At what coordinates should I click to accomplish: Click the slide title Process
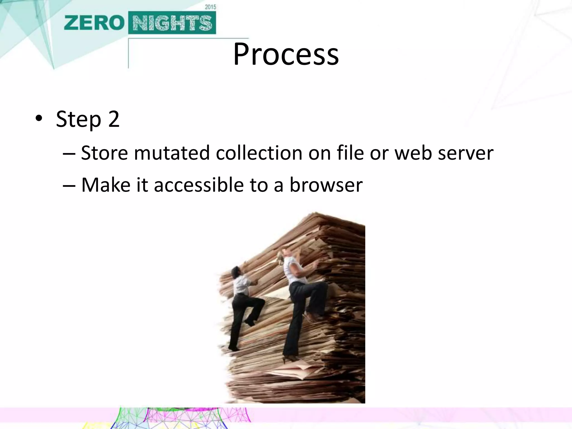tap(286, 54)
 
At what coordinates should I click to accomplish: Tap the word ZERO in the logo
tap(94, 23)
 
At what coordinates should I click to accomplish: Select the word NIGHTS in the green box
tap(172, 23)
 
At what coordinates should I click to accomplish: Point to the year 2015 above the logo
tap(210, 7)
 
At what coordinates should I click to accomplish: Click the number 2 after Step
tap(114, 119)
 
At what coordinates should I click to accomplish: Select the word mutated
tap(172, 153)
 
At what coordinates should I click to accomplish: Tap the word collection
tap(259, 153)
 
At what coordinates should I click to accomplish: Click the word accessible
tap(199, 185)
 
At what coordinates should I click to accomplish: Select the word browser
tap(326, 185)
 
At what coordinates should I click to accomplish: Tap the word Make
tap(106, 185)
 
